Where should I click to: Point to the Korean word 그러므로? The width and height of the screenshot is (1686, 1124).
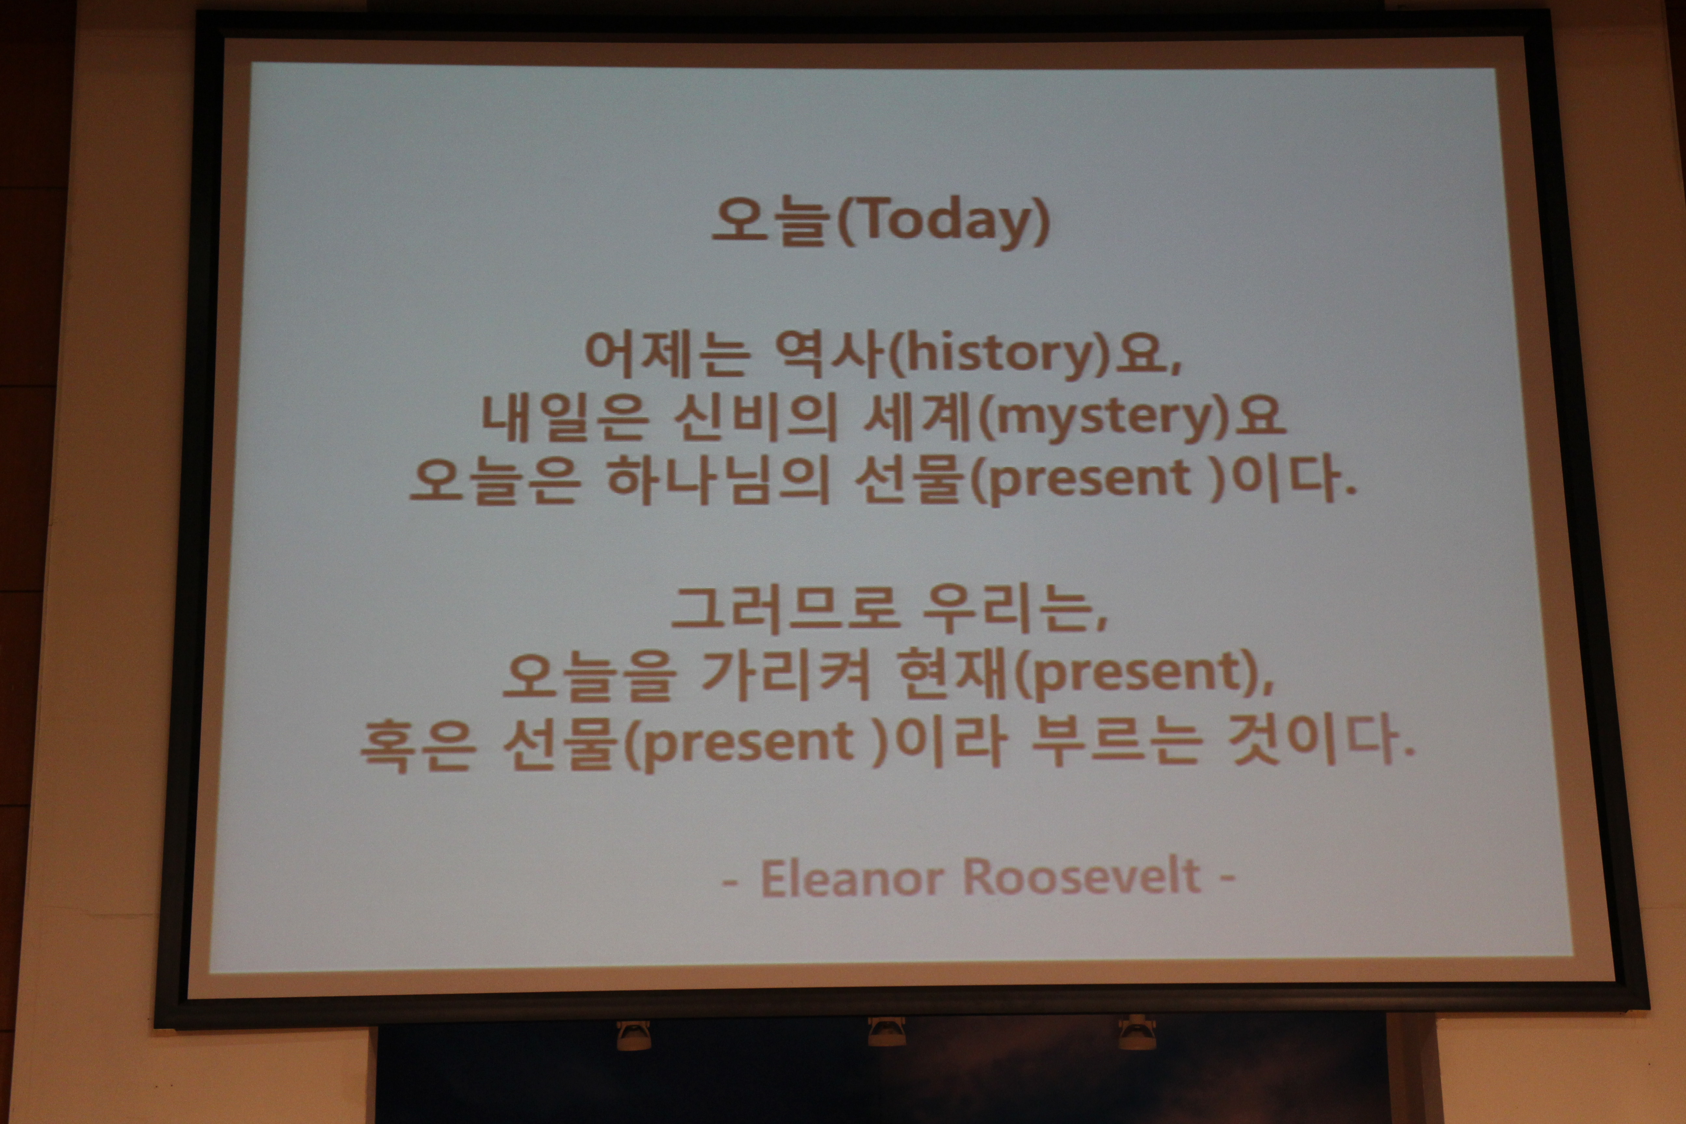coord(785,609)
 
